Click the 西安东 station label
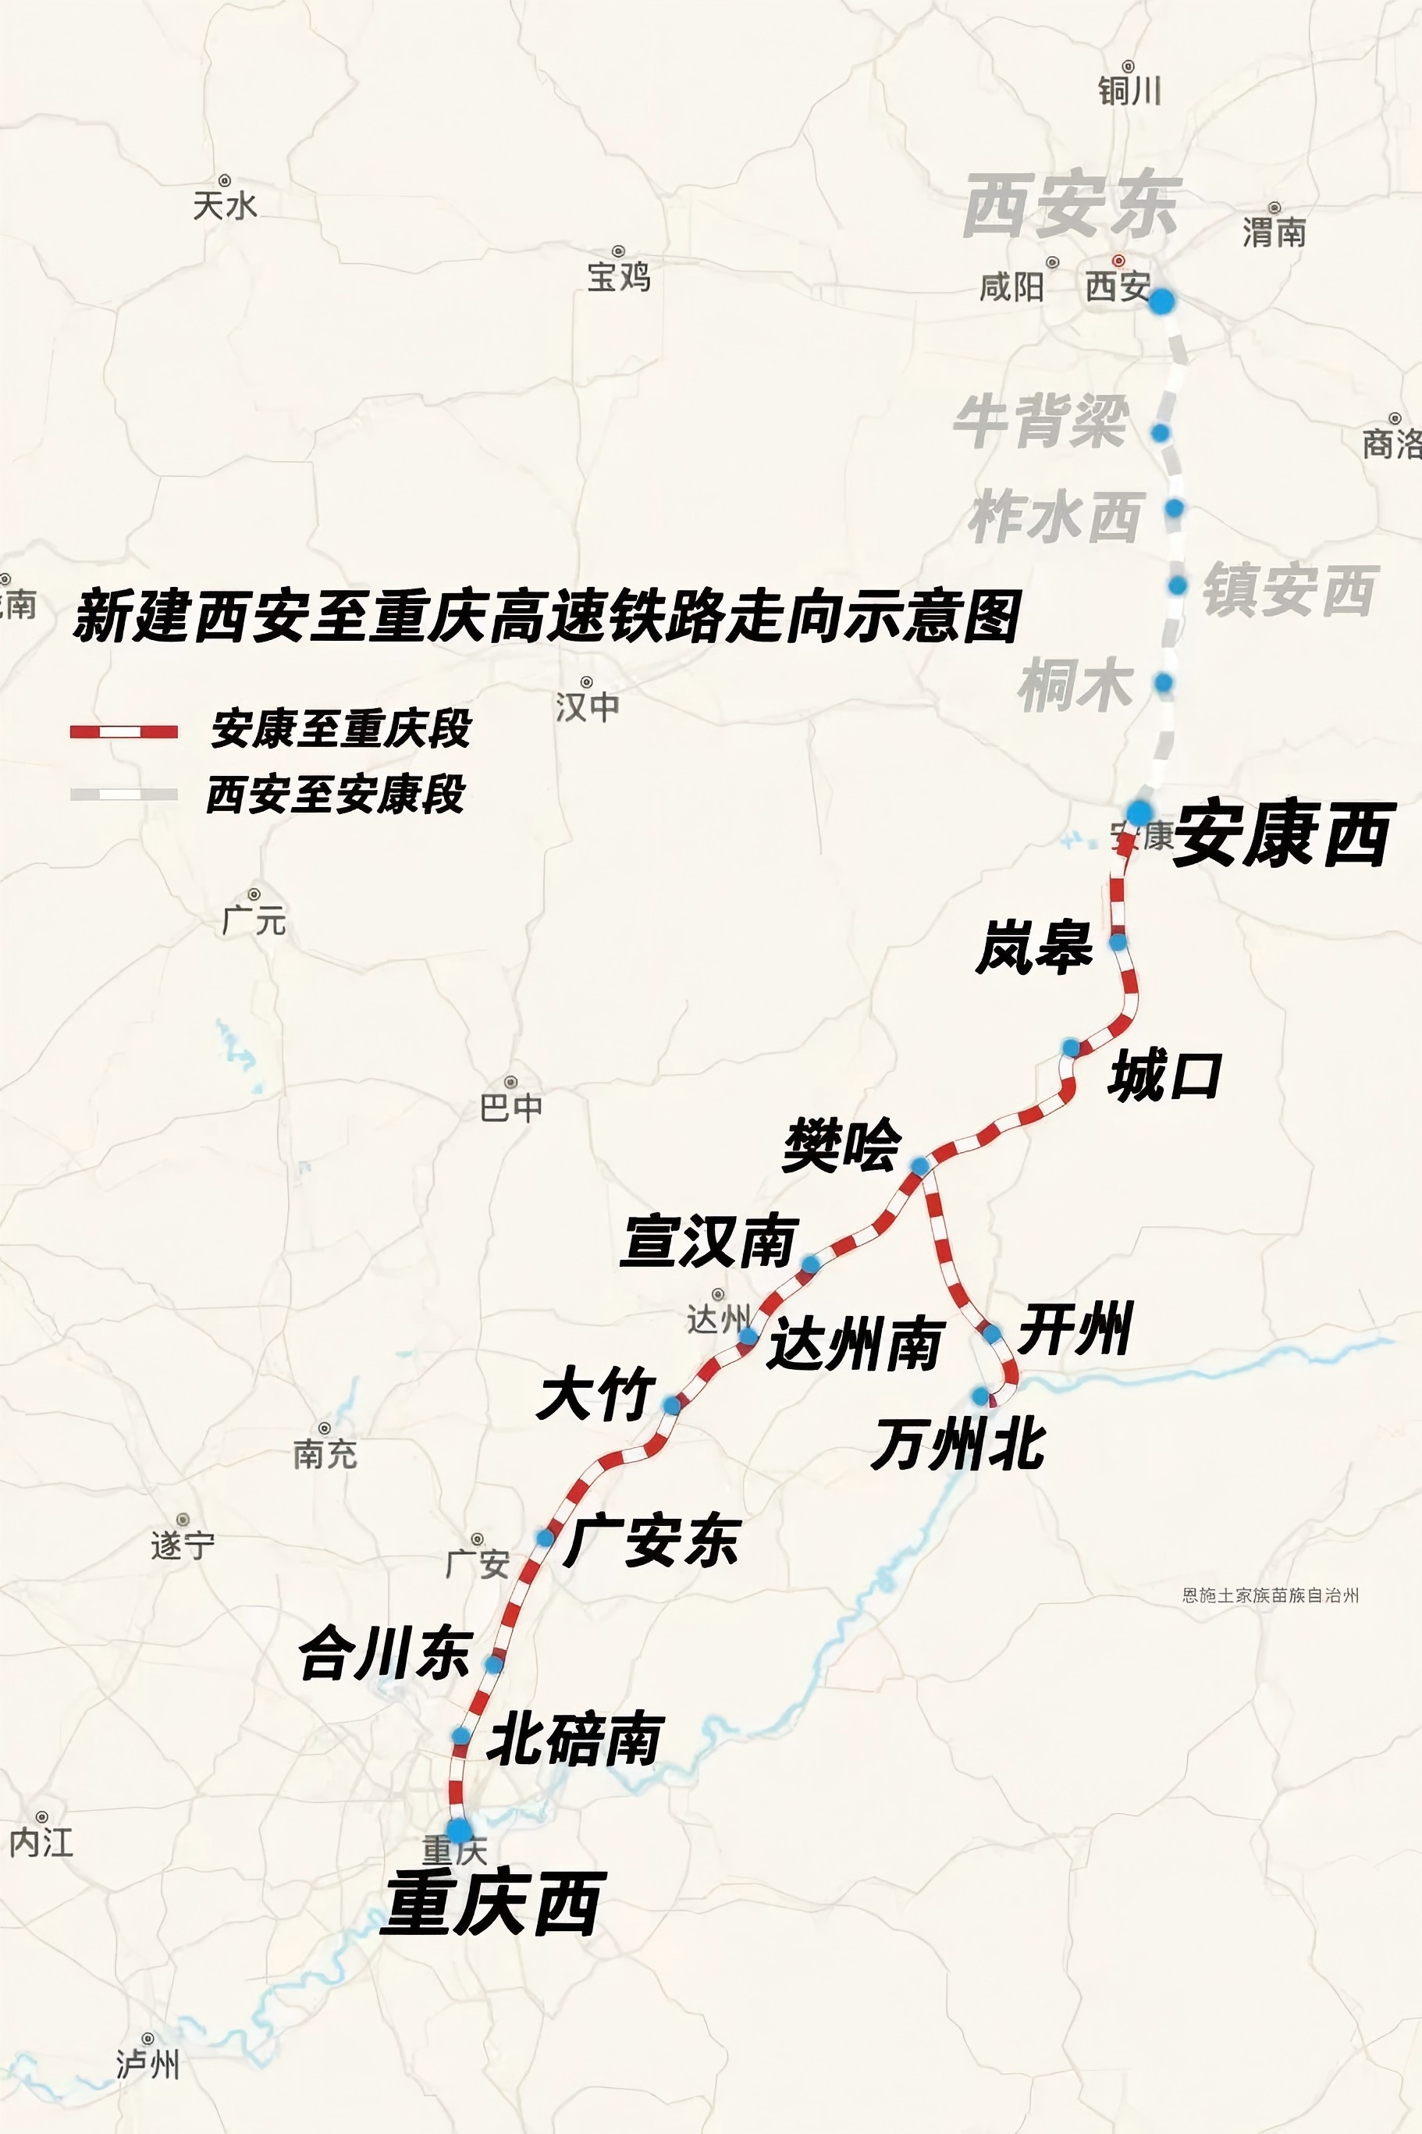pyautogui.click(x=1071, y=206)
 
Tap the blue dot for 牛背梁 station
pyautogui.click(x=1160, y=433)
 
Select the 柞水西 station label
pyautogui.click(x=1054, y=517)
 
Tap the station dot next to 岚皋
pyautogui.click(x=1118, y=942)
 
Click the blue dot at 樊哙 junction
pyautogui.click(x=919, y=1165)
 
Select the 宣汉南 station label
pyautogui.click(x=710, y=1242)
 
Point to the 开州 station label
pyautogui.click(x=1075, y=1328)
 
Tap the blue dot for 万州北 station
pyautogui.click(x=980, y=1395)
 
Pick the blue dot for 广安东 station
pyautogui.click(x=545, y=1537)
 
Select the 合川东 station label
pyautogui.click(x=386, y=1652)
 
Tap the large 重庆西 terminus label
pyautogui.click(x=492, y=1903)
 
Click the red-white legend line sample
pyautogui.click(x=124, y=731)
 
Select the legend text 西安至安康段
pyautogui.click(x=336, y=795)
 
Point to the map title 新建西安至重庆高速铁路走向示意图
pyautogui.click(x=547, y=617)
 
